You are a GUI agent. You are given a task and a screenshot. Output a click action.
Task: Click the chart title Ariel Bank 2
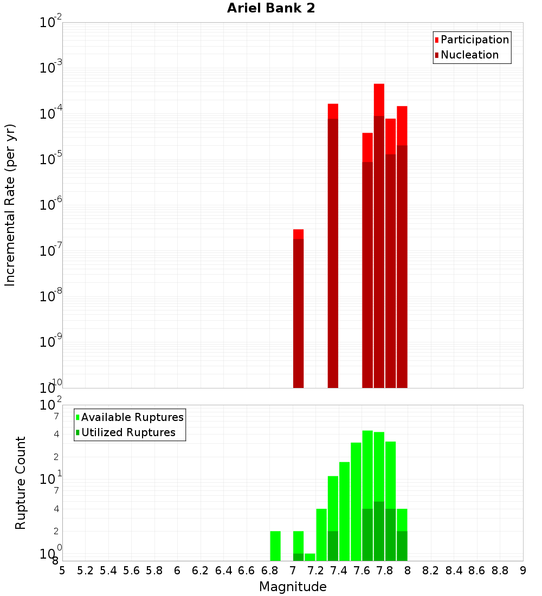coord(271,8)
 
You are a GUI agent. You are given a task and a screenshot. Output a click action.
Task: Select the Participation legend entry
coord(474,40)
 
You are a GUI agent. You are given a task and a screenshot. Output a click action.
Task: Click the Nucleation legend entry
coord(469,55)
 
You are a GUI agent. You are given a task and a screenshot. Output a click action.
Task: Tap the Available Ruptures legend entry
coord(132,417)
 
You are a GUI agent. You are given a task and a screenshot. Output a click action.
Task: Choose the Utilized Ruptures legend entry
coord(128,432)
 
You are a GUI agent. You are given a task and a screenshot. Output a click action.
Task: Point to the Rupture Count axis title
coord(21,482)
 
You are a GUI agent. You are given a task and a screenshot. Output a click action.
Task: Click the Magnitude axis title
coord(293,587)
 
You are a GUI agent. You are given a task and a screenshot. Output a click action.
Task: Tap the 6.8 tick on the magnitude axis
coord(269,571)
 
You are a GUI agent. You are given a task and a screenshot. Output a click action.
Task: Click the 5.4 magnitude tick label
coord(108,571)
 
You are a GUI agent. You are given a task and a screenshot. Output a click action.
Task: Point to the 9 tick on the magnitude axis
coord(522,571)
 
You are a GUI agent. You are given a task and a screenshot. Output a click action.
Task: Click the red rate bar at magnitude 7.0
coord(298,309)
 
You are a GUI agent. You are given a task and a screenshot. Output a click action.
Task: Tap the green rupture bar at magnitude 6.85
coord(275,546)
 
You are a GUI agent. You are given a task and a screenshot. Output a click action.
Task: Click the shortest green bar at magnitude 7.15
coord(310,557)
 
